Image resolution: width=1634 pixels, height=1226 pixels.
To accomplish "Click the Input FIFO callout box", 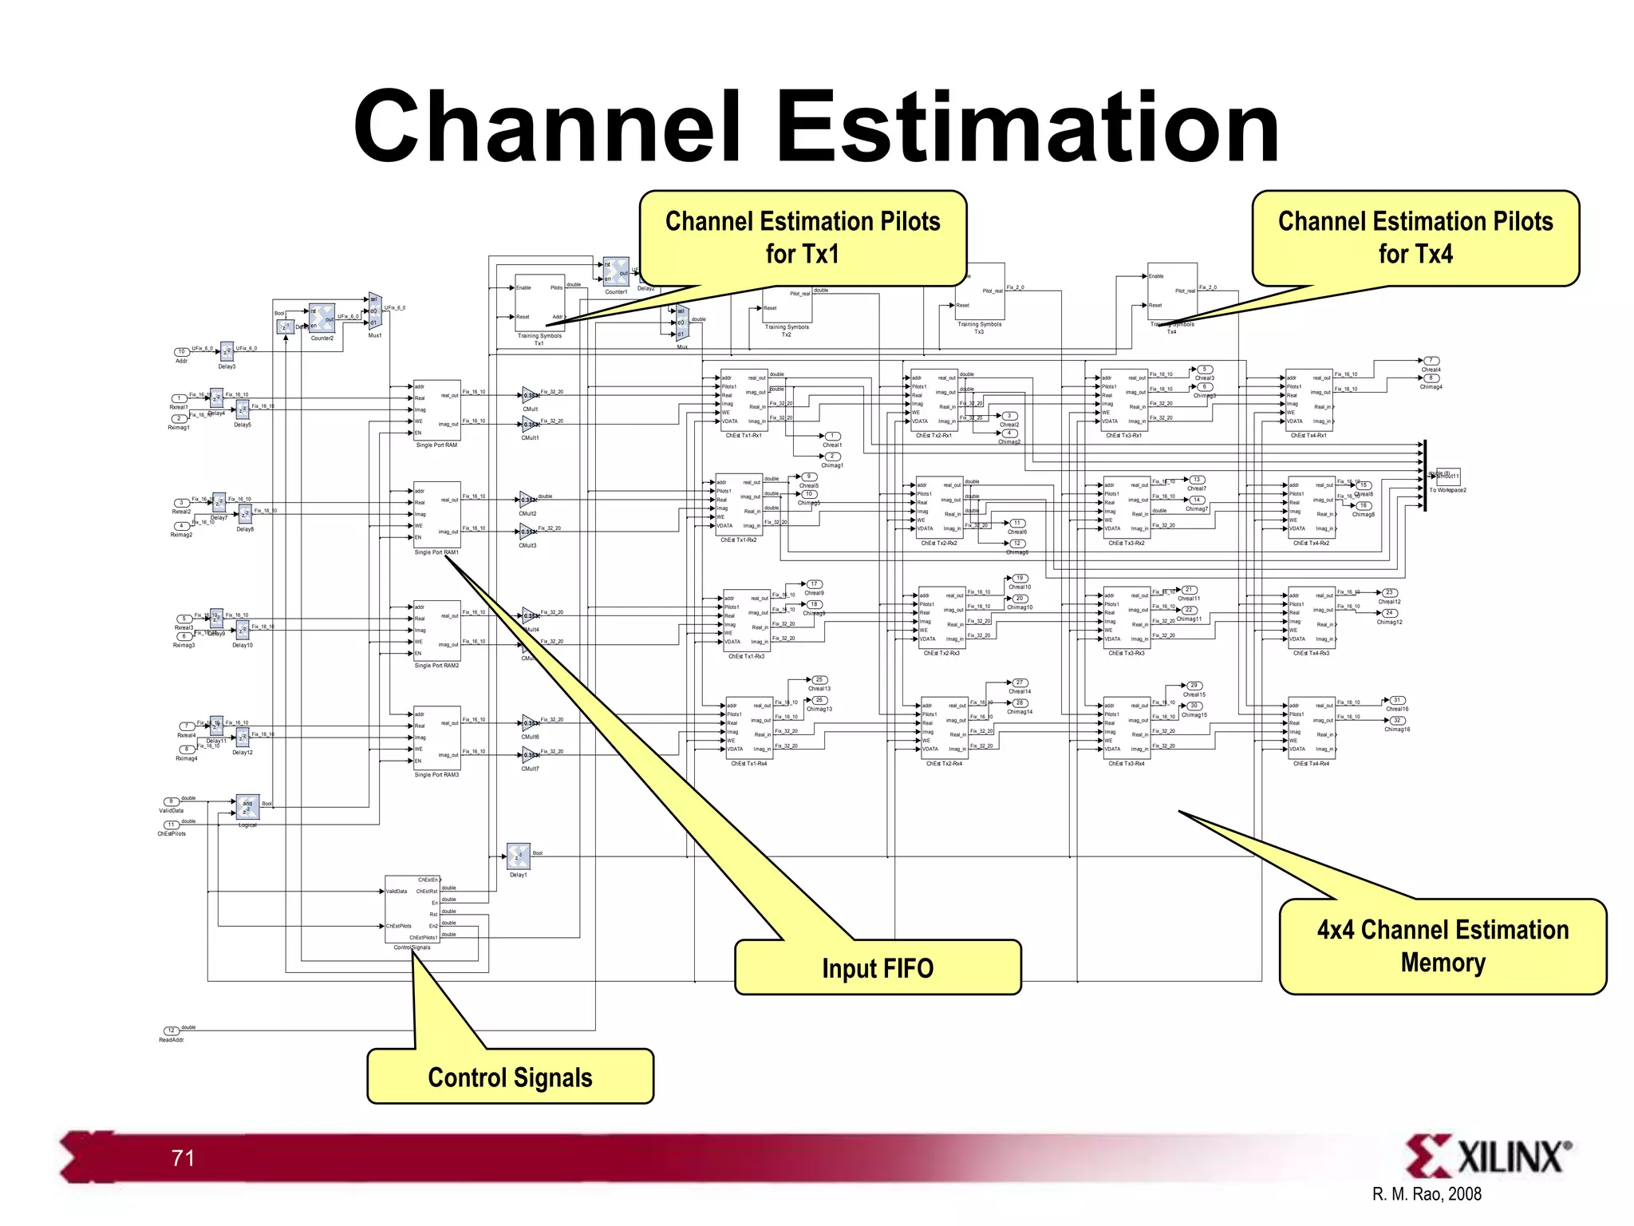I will [x=878, y=967].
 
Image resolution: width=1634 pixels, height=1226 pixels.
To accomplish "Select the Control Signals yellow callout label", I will [x=510, y=1077].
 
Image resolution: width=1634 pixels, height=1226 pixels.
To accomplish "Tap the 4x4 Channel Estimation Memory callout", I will [x=1443, y=946].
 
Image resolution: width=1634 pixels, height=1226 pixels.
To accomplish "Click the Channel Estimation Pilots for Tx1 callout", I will [x=803, y=237].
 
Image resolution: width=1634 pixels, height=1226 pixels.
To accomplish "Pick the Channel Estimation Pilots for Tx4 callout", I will [x=1415, y=237].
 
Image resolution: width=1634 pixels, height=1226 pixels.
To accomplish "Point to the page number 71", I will [x=183, y=1158].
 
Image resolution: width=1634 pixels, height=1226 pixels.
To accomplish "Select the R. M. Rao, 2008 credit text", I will [x=1427, y=1194].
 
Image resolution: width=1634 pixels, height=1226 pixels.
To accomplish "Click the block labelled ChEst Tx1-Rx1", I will [x=744, y=401].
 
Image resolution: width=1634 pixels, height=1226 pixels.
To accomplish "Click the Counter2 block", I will [x=322, y=318].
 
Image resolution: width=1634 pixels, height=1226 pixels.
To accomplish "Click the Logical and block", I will [x=247, y=807].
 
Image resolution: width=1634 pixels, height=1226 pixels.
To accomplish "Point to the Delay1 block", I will [x=519, y=856].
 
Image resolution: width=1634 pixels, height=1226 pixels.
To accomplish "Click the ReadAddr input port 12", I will [x=171, y=1030].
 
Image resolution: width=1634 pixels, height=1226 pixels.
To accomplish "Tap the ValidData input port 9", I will [x=171, y=801].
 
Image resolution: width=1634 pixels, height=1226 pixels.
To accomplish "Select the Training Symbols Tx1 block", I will [x=539, y=303].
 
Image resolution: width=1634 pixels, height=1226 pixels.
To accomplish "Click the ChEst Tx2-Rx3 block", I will [x=941, y=618].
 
